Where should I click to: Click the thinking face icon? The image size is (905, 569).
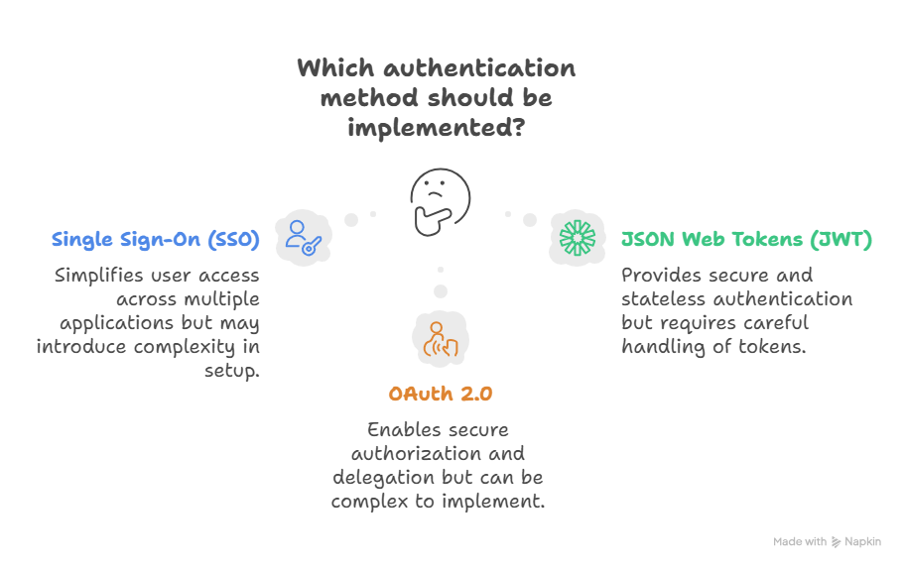click(440, 195)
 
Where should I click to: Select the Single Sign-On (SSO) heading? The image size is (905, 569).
click(155, 240)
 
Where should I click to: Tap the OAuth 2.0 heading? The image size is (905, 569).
click(440, 394)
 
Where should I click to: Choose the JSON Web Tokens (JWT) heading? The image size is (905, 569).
click(746, 240)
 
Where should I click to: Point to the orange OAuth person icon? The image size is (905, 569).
click(440, 339)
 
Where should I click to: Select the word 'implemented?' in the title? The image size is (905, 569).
click(436, 129)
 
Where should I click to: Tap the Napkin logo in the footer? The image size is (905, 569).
click(838, 542)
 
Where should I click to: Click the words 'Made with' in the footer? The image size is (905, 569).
click(800, 542)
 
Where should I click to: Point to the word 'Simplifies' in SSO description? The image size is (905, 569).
click(100, 276)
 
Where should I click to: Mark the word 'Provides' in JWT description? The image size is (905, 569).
click(661, 276)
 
